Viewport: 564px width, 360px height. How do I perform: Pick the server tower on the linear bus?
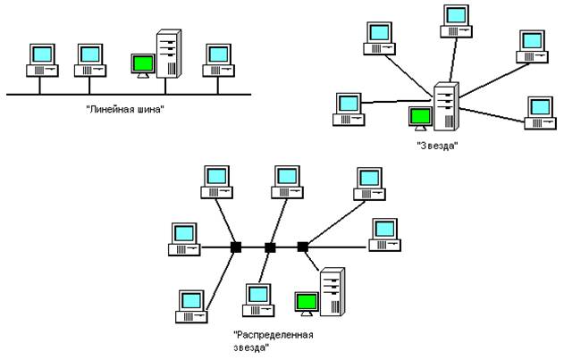[x=168, y=56]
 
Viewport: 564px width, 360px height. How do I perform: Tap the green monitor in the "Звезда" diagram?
[x=418, y=117]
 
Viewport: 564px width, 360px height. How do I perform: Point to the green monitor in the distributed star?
[x=307, y=302]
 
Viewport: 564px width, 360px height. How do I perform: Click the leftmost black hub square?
[x=236, y=247]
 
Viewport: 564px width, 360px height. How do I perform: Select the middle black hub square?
[x=270, y=247]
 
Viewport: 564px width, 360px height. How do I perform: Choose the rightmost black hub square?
[x=302, y=246]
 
